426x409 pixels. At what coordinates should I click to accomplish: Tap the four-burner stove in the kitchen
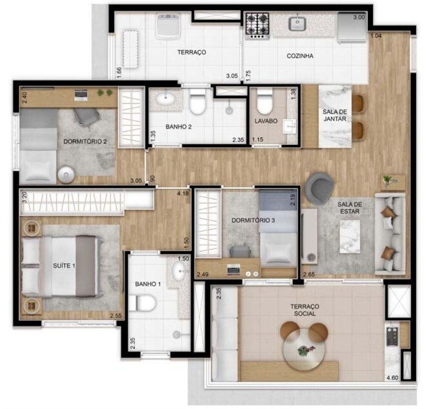(x=257, y=25)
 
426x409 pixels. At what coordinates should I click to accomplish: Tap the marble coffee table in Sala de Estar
(x=349, y=236)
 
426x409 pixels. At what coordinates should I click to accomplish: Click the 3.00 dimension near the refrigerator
(x=359, y=17)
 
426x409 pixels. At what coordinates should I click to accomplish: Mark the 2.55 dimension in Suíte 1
(x=115, y=315)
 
